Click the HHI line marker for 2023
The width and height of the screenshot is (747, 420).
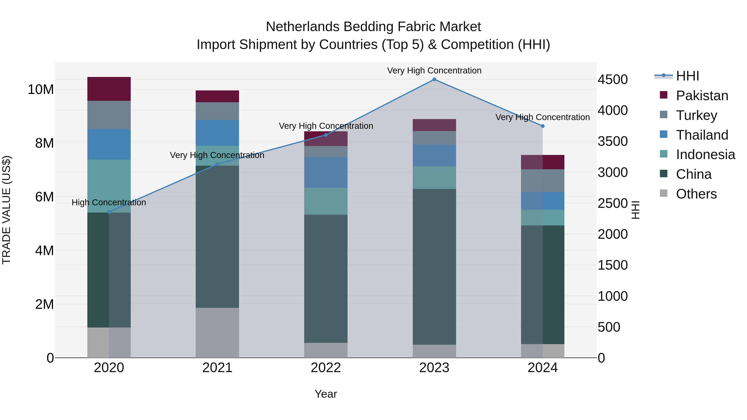coord(434,79)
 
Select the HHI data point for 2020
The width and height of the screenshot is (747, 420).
coord(109,212)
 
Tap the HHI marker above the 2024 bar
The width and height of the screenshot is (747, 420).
coord(543,126)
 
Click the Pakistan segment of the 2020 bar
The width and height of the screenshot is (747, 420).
coord(109,89)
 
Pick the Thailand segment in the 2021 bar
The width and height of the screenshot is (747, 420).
coord(217,133)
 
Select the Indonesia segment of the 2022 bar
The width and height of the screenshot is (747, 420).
coord(326,201)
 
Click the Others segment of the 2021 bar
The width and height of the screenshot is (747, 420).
coord(217,332)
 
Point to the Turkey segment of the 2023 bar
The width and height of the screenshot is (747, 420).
coord(434,138)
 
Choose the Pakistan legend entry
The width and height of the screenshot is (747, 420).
coord(702,96)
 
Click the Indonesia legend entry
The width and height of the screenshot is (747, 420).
coord(705,155)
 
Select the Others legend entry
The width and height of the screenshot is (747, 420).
coord(696,194)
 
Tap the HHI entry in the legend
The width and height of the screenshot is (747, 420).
coord(687,76)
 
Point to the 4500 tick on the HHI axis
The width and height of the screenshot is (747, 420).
coord(613,80)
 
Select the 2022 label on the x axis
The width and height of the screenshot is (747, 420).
coord(326,368)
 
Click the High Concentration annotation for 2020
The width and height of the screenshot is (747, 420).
coord(109,202)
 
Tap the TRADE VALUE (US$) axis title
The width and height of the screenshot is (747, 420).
coord(6,210)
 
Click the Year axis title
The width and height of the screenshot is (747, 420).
coord(326,394)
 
